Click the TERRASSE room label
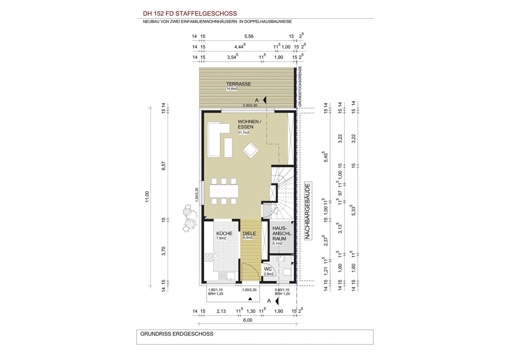pyautogui.click(x=238, y=84)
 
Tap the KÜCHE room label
pyautogui.click(x=224, y=233)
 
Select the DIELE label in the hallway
pyautogui.click(x=249, y=233)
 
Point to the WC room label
pyautogui.click(x=268, y=269)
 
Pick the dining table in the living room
pyautogui.click(x=224, y=191)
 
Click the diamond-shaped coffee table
pyautogui.click(x=251, y=150)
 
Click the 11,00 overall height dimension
pyautogui.click(x=147, y=197)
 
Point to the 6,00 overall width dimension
pyautogui.click(x=248, y=320)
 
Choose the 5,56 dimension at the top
pyautogui.click(x=248, y=36)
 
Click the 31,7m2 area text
pyautogui.click(x=244, y=132)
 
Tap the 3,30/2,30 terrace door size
pyautogui.click(x=250, y=105)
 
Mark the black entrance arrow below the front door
pyautogui.click(x=250, y=299)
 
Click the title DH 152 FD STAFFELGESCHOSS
pyautogui.click(x=190, y=14)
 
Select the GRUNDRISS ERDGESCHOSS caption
pyautogui.click(x=177, y=334)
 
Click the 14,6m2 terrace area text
pyautogui.click(x=232, y=89)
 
